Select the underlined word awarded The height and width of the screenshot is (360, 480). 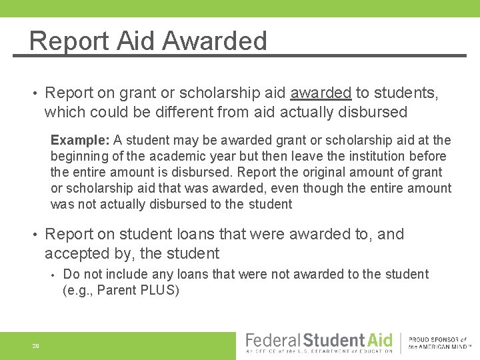pyautogui.click(x=321, y=93)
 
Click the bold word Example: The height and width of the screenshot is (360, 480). pyautogui.click(x=80, y=140)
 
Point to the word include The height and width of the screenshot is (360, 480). pyautogui.click(x=127, y=274)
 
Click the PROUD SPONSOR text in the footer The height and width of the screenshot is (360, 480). pyautogui.click(x=437, y=339)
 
